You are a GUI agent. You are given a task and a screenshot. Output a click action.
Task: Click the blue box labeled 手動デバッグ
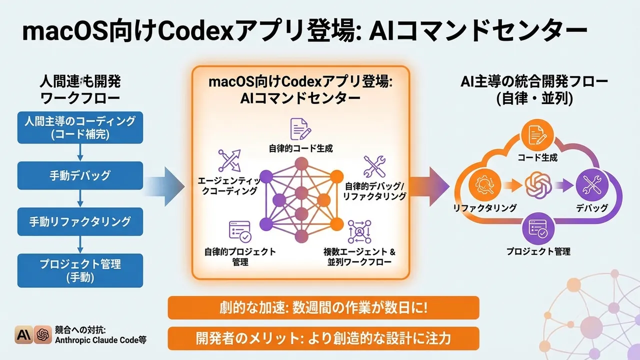pyautogui.click(x=80, y=175)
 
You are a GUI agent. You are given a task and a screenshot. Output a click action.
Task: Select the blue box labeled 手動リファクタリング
pyautogui.click(x=80, y=221)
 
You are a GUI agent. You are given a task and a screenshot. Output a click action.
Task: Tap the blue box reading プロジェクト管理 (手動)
pyautogui.click(x=80, y=270)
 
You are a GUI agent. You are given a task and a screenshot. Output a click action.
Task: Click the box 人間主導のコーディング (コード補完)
pyautogui.click(x=80, y=127)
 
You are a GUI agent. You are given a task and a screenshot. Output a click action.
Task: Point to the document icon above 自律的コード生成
pyautogui.click(x=300, y=128)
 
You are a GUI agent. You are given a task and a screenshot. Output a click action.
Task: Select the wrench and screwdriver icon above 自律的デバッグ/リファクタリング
pyautogui.click(x=374, y=167)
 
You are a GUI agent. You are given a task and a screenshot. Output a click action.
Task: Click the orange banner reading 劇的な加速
pyautogui.click(x=323, y=307)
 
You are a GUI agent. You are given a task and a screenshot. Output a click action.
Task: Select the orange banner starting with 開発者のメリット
pyautogui.click(x=323, y=338)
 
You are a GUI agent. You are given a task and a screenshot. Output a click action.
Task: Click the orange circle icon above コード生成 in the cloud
pyautogui.click(x=535, y=135)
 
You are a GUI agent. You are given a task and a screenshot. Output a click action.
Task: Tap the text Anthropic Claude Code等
pyautogui.click(x=101, y=340)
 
